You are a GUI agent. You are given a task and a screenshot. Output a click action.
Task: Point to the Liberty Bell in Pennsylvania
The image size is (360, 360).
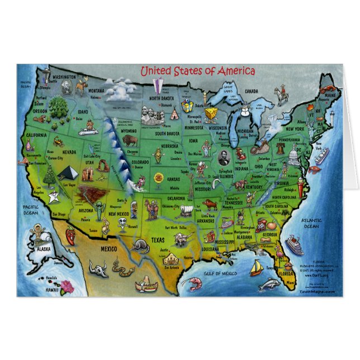pos(281,148)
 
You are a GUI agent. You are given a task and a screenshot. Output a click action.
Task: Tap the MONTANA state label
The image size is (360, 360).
pos(96,91)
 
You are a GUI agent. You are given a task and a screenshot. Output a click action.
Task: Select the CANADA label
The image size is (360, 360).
pos(251,91)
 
